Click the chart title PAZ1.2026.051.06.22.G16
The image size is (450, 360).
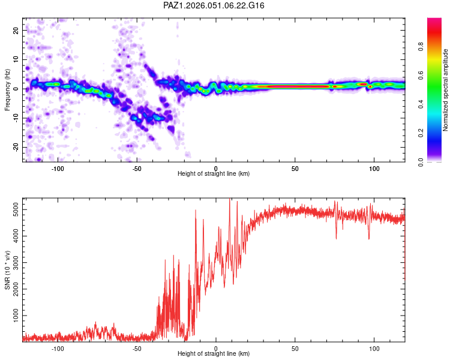pos(214,5)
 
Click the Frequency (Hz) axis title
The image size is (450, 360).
pos(7,90)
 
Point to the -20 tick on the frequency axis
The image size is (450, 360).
pos(16,148)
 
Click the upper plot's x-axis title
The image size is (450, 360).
pos(214,174)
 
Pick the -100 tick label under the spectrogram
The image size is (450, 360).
pos(58,167)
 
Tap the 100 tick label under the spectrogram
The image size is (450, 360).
pos(374,167)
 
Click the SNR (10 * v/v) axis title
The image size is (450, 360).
pos(7,270)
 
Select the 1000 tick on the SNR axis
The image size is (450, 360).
pos(13,316)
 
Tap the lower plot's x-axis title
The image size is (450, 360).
pos(214,354)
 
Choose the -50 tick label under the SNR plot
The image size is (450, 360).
pos(137,347)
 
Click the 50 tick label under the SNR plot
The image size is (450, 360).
pos(295,347)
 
